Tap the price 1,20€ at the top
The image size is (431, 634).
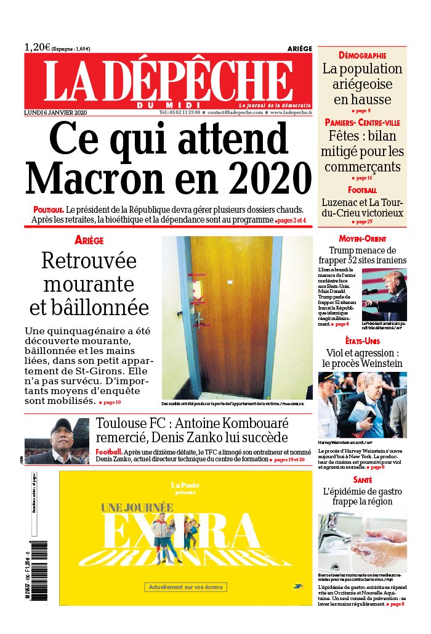click(x=38, y=47)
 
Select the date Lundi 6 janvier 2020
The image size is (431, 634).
click(x=55, y=113)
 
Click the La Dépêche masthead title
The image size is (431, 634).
click(x=167, y=82)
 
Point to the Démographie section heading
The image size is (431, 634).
click(x=362, y=56)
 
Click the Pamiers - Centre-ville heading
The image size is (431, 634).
click(x=362, y=123)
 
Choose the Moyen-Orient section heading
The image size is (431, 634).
click(x=362, y=239)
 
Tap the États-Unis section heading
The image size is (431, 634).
click(x=362, y=341)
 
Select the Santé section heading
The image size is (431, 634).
click(x=362, y=479)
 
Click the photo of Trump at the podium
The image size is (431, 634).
click(x=384, y=295)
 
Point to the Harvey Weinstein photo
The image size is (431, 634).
click(x=362, y=404)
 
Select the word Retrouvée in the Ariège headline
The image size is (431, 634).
click(x=89, y=261)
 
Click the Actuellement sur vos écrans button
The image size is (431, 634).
click(x=185, y=587)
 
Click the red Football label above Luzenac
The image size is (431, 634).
click(x=362, y=190)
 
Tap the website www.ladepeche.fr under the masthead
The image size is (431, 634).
click(x=291, y=113)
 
